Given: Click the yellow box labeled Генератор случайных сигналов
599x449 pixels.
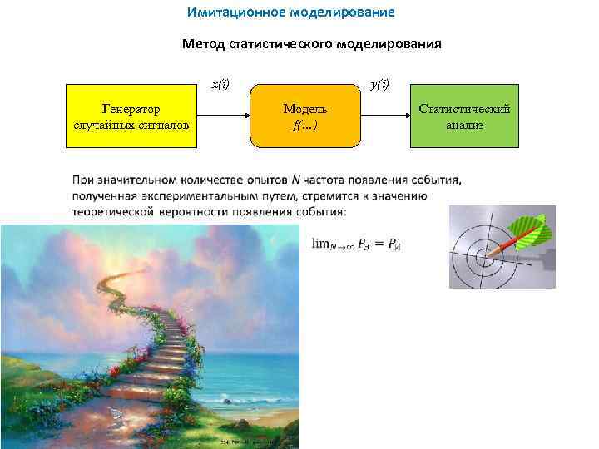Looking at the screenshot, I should [131, 116].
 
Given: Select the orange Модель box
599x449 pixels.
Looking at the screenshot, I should [304, 116].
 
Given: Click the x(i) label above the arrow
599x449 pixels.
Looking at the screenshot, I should [220, 84].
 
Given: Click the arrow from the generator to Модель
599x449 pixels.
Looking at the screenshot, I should [223, 117].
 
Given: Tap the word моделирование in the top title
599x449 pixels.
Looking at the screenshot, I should [343, 13].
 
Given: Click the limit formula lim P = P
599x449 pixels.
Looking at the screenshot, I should [355, 244].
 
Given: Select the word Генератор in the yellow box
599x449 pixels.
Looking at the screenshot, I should [131, 109].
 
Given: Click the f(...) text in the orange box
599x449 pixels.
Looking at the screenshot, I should [304, 126].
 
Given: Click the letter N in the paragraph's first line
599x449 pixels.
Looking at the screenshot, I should [296, 180].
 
